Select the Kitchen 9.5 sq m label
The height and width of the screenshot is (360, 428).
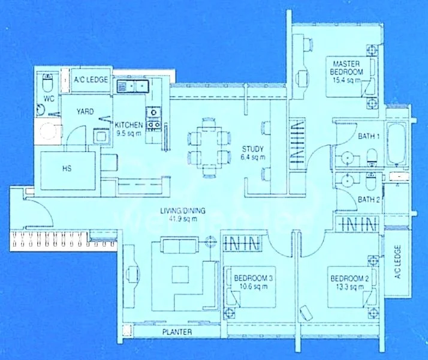pos(129,125)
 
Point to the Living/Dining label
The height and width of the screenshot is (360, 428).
pos(183,214)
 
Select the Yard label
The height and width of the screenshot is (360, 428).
pos(85,112)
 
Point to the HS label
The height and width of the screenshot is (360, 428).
pos(67,169)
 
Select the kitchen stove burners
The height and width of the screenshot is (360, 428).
pos(153,118)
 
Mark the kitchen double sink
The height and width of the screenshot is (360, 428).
pos(131,86)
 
